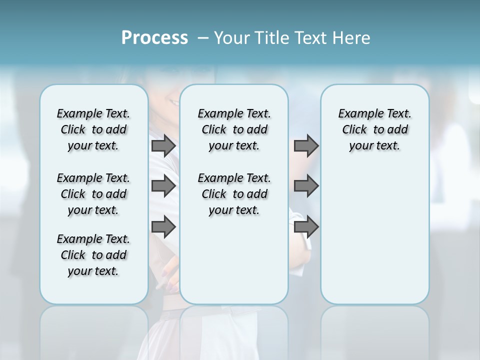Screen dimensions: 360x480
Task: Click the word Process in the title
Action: pyautogui.click(x=154, y=38)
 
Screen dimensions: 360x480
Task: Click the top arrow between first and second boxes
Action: pyautogui.click(x=163, y=145)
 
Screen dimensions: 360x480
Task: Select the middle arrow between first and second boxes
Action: pyautogui.click(x=163, y=186)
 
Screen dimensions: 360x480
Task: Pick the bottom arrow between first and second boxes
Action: pyautogui.click(x=163, y=226)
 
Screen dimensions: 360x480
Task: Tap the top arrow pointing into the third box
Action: pyautogui.click(x=306, y=145)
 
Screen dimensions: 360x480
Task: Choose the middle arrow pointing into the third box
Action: pyautogui.click(x=306, y=186)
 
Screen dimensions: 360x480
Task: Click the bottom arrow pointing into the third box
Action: pyautogui.click(x=306, y=226)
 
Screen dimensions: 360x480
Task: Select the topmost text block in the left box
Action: pyautogui.click(x=93, y=129)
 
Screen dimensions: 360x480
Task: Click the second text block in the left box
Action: pyautogui.click(x=93, y=194)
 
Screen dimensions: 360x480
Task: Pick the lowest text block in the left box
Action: pyautogui.click(x=93, y=255)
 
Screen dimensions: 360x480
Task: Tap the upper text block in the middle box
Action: pyautogui.click(x=234, y=129)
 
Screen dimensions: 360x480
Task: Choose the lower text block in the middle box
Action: pyautogui.click(x=234, y=194)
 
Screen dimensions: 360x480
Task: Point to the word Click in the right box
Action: pyautogui.click(x=354, y=130)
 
